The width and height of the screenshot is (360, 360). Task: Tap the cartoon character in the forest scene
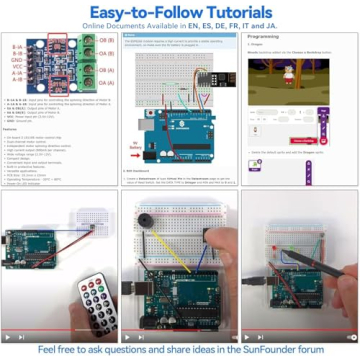[289, 75]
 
